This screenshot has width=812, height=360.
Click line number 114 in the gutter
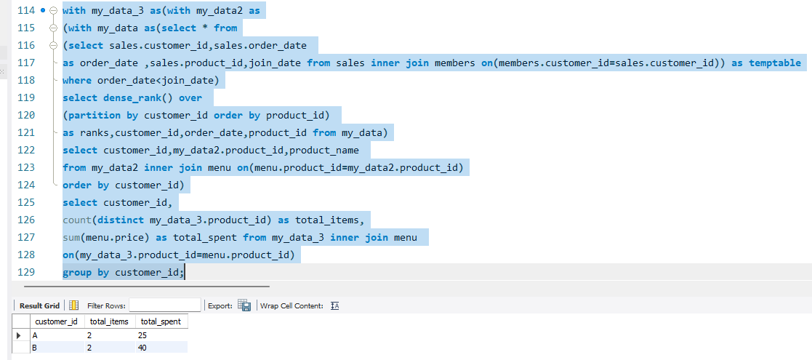tap(26, 10)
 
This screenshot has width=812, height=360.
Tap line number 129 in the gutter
tap(26, 273)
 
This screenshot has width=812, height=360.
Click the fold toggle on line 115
tap(53, 28)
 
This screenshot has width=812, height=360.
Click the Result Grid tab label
tap(39, 305)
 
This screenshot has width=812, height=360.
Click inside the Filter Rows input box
tap(165, 305)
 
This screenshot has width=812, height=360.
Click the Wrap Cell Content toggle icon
tap(334, 305)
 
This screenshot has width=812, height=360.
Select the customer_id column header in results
tap(57, 321)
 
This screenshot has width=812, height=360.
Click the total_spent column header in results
tap(161, 321)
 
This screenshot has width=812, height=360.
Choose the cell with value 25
tap(161, 336)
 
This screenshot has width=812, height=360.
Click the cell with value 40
tap(161, 348)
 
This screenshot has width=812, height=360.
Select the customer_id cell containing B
tap(57, 348)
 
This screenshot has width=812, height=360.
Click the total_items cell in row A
tap(109, 336)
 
